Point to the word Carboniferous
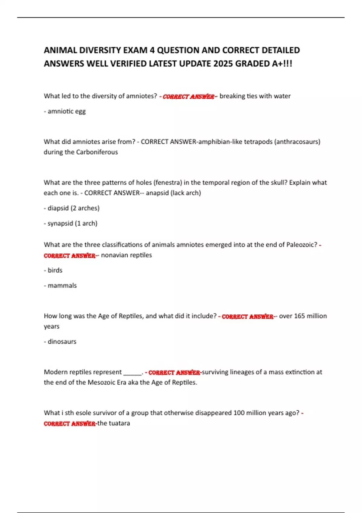point(97,152)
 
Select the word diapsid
point(58,208)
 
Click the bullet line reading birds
point(55,270)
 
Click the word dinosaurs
point(62,342)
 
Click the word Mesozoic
point(101,382)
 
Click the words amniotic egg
point(66,111)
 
